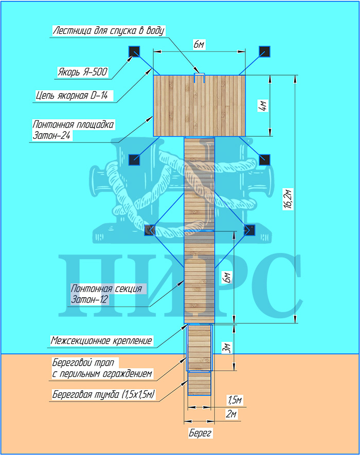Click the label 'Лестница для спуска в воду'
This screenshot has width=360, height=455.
click(109, 30)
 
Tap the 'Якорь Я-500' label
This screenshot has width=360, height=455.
click(82, 72)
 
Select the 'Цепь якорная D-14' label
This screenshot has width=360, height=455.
click(75, 96)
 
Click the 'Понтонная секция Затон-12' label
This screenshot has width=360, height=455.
click(106, 294)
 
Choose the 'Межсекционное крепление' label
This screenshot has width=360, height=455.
click(102, 340)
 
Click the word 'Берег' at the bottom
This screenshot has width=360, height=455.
click(200, 433)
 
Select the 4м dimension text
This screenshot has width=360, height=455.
click(262, 105)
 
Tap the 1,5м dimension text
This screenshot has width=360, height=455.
click(234, 400)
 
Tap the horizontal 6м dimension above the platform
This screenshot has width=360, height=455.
click(200, 45)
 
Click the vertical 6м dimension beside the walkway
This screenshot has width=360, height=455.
click(226, 277)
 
